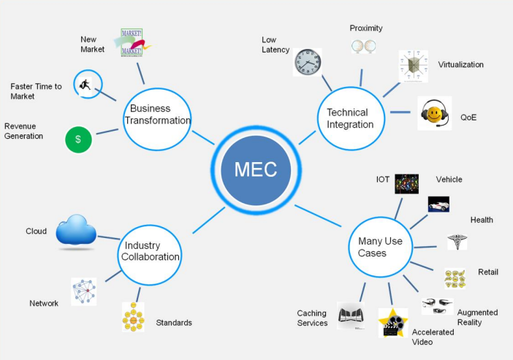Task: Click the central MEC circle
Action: (x=256, y=169)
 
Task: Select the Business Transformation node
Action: (x=157, y=115)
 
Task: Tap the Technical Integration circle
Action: (x=350, y=118)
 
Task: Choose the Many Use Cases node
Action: (x=380, y=247)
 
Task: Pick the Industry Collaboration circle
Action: (x=150, y=251)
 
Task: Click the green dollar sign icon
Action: (x=78, y=139)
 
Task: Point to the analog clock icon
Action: (x=308, y=62)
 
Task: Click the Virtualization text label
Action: (x=460, y=64)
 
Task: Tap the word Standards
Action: (x=174, y=323)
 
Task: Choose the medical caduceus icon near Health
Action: (x=457, y=242)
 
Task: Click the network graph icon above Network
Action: (x=83, y=291)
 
